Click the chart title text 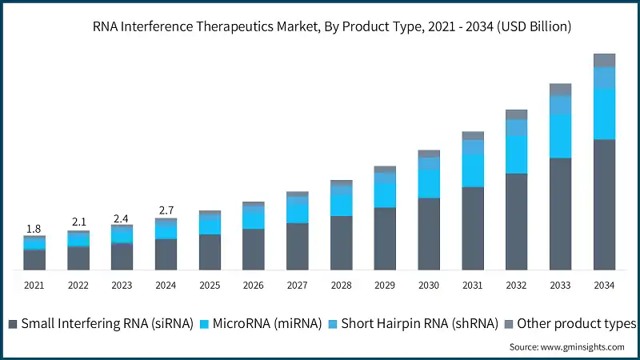tap(320, 26)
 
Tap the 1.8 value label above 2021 tap(34, 229)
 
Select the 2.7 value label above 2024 tap(166, 210)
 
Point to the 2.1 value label tap(78, 222)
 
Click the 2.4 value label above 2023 tap(122, 218)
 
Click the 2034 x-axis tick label tap(604, 285)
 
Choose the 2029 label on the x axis tap(385, 285)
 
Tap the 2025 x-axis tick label tap(210, 285)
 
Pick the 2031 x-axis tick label tap(473, 285)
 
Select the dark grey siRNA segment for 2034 tap(604, 204)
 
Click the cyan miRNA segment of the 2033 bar tap(560, 136)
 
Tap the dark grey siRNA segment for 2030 tap(429, 233)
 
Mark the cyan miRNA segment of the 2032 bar tap(517, 154)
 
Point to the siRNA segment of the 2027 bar tap(298, 246)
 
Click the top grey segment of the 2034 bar tap(604, 60)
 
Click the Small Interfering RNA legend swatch tap(13, 324)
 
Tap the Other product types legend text tap(576, 324)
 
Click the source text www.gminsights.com tap(566, 346)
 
